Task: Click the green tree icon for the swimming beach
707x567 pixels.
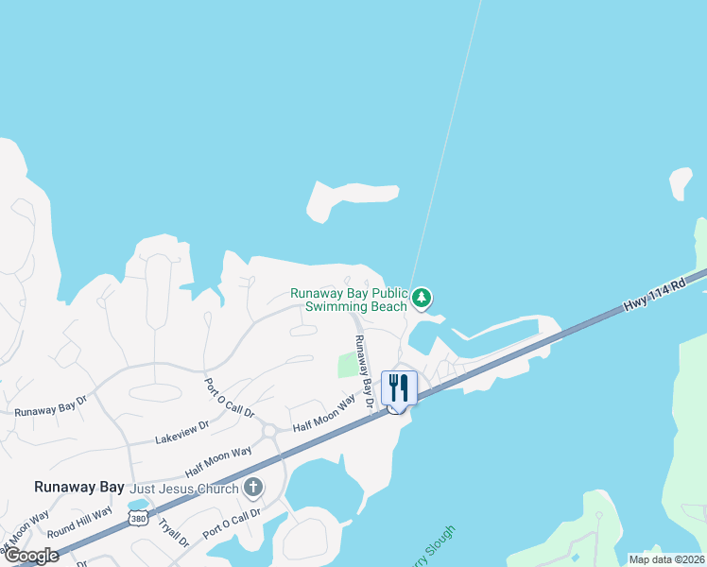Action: click(422, 299)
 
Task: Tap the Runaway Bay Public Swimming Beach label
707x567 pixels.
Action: click(349, 300)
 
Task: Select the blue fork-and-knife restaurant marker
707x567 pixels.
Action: click(399, 387)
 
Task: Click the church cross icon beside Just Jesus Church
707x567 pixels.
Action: click(251, 488)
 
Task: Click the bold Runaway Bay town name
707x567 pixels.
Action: click(78, 488)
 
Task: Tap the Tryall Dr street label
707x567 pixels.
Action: click(173, 532)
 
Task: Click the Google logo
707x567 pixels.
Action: click(31, 555)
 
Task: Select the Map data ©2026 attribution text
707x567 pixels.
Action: click(665, 558)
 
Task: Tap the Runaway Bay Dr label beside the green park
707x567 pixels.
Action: click(360, 370)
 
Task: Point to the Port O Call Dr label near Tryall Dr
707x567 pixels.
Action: click(231, 522)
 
